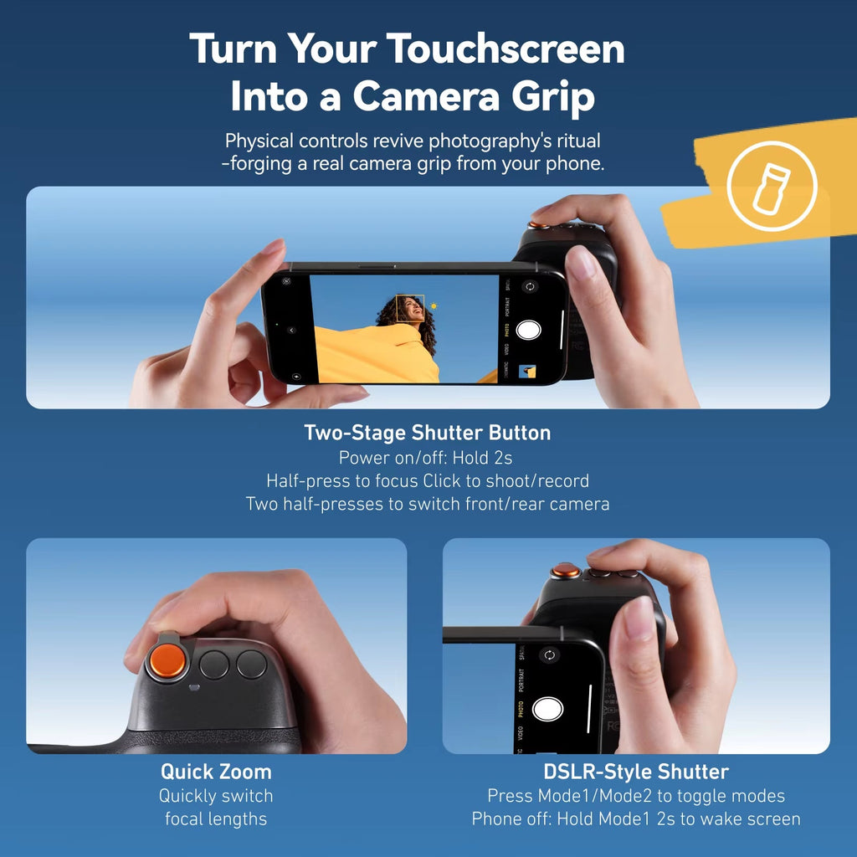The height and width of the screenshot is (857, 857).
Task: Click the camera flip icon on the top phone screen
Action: point(529,287)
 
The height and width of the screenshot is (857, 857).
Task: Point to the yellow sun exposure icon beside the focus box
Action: point(434,307)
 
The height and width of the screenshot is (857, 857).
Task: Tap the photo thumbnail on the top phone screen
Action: point(527,372)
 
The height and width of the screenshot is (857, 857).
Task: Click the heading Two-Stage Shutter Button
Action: point(428,433)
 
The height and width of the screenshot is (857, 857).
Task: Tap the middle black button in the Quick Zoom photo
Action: point(214,665)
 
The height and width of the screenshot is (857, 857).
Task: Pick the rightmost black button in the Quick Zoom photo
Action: point(251,664)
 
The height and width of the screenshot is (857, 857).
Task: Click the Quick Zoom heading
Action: point(216,772)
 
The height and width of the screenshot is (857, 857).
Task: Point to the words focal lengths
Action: point(216,819)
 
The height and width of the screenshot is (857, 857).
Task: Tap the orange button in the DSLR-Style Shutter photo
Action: point(566,572)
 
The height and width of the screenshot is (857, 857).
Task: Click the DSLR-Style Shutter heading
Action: point(636,772)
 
